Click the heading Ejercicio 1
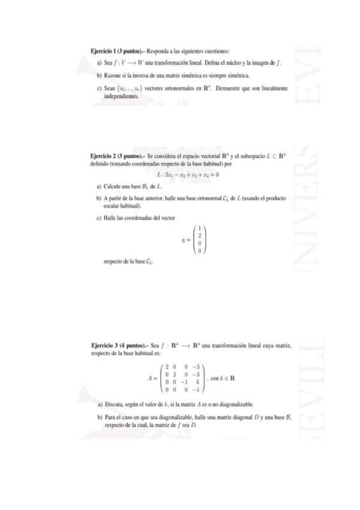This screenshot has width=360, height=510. click(x=106, y=51)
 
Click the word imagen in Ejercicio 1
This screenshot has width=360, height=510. click(x=266, y=63)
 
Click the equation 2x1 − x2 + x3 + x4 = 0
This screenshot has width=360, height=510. click(x=188, y=175)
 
